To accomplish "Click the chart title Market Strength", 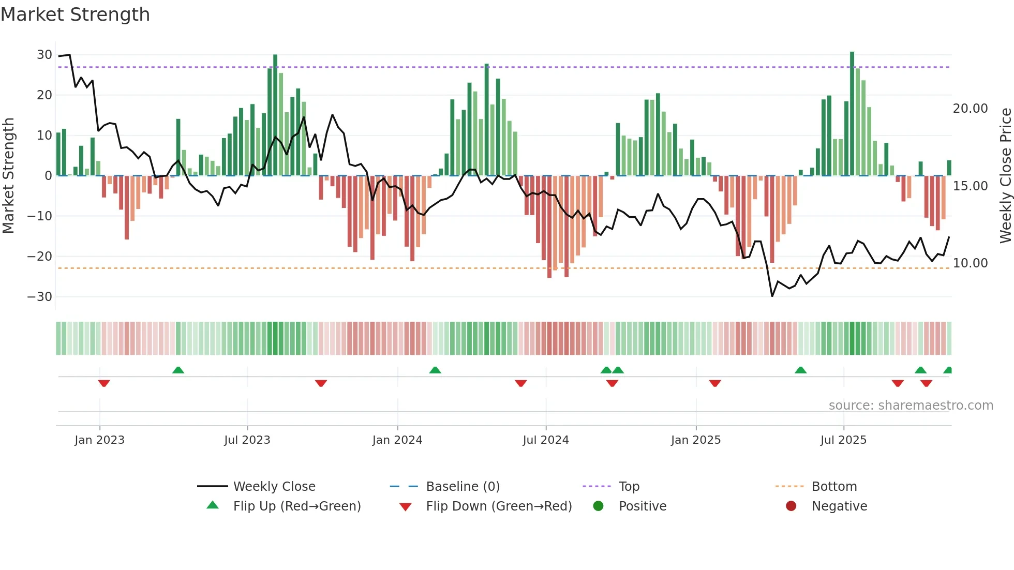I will pos(75,14).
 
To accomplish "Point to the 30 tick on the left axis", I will pos(44,55).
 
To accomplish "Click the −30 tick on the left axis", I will pos(40,297).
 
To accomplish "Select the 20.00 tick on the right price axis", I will pos(970,109).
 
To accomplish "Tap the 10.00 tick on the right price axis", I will pos(970,263).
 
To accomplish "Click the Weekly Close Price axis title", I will pos(1005,176).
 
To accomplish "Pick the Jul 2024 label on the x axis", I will pos(545,440).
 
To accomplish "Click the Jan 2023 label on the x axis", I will pos(99,440).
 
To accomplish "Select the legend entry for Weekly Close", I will pos(274,487).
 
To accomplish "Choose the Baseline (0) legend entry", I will pos(463,487).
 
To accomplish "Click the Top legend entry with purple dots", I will pos(629,487).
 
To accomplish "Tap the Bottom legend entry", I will pos(834,487).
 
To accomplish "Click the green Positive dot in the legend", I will pos(598,506).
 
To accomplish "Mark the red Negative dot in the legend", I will pos(791,506).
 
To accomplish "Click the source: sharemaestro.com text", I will pos(911,406).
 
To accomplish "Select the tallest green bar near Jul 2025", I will pos(852,114).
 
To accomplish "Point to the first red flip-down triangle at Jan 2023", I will pos(104,383).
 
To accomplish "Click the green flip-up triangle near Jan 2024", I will pos(435,370).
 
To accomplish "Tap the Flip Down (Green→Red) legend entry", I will pos(498,506).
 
